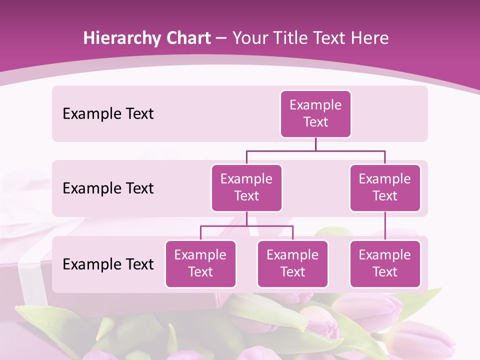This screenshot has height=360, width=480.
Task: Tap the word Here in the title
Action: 370,38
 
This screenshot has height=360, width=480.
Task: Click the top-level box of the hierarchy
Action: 315,113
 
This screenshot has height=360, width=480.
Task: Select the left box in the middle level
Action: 246,187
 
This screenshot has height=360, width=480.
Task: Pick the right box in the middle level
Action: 385,187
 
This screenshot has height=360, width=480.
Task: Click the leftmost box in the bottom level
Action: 200,263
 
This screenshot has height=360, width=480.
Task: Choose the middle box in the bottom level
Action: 292,263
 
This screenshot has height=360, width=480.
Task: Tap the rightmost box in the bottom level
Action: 385,263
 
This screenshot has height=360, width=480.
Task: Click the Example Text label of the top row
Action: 108,113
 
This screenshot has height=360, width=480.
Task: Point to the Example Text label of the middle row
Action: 108,188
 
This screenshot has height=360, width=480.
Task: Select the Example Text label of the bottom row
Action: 108,264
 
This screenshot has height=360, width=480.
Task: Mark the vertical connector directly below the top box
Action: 315,144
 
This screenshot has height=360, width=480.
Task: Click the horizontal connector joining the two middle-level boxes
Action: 315,150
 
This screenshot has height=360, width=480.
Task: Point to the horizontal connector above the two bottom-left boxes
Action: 246,226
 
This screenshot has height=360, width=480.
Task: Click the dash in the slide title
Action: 221,38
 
